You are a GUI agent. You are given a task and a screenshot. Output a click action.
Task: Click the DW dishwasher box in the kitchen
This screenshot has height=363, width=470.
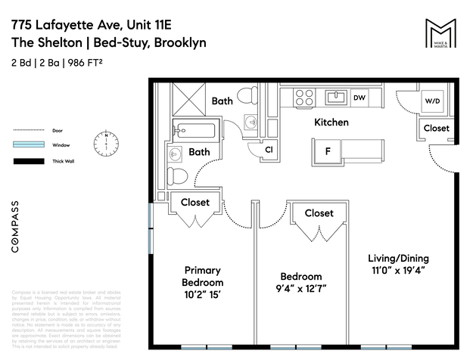coord(360,98)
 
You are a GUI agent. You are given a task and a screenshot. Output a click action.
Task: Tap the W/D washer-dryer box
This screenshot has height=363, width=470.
coord(432,101)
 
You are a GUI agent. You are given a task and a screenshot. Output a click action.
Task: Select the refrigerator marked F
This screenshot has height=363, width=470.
coord(328,150)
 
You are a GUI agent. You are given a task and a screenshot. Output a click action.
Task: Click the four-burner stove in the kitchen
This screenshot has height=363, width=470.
coord(304,97)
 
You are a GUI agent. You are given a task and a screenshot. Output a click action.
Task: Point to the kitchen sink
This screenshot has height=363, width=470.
coord(335,97)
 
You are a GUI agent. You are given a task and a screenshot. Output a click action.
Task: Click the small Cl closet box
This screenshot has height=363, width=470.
coord(269,150)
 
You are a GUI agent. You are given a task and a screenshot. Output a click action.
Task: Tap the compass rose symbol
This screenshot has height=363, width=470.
coord(106,142)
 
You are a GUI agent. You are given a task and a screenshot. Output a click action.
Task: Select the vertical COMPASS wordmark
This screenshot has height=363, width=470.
coord(17,225)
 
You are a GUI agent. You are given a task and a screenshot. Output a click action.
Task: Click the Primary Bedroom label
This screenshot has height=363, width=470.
coord(203,275)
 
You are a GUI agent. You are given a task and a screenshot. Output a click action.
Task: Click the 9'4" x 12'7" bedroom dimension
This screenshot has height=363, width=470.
coord(301,288)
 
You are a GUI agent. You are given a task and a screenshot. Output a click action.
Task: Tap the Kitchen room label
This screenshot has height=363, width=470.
coord(331,122)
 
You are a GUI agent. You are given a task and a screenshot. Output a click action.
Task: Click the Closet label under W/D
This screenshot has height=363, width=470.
coord(436,129)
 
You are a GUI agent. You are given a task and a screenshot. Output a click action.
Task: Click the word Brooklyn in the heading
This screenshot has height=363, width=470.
coord(180,43)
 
